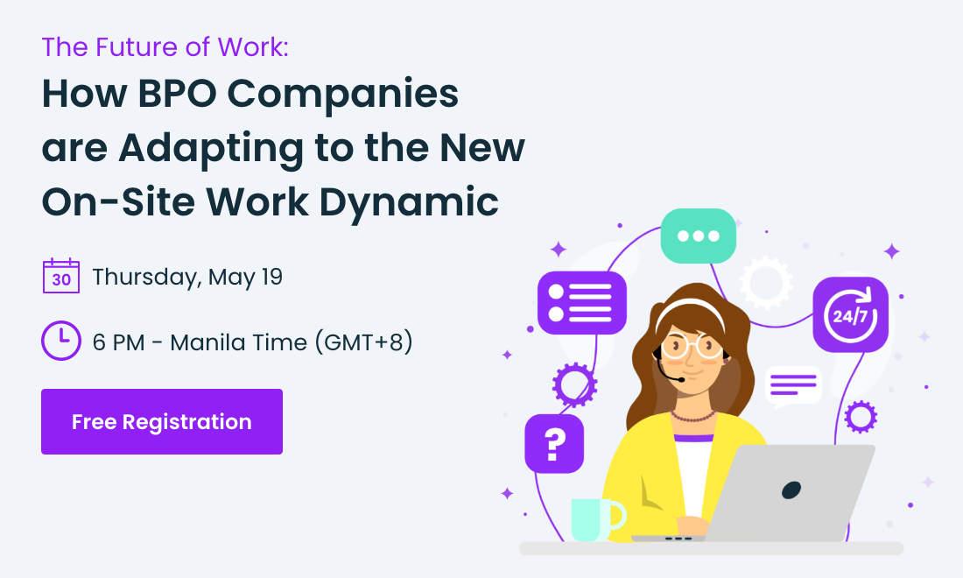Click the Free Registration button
coord(162,422)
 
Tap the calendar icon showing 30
coord(61,276)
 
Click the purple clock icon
coord(61,341)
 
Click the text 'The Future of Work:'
coord(165,46)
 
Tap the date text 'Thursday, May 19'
coord(187,277)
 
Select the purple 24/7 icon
coord(850,314)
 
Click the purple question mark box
coord(553,444)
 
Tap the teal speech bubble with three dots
coord(698,236)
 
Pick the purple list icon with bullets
coord(581,302)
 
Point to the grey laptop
coord(788,495)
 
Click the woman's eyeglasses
coord(692,344)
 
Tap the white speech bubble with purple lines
coord(793,384)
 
